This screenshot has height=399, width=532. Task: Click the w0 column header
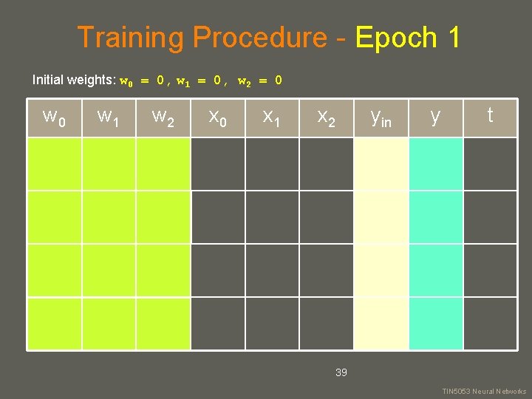54,117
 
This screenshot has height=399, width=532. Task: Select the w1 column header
109,117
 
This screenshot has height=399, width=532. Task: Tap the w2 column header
163,117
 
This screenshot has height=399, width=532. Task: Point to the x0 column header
217,117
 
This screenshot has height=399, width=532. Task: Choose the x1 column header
272,117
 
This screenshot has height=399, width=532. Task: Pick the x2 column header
326,117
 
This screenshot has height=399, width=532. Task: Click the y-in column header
381,117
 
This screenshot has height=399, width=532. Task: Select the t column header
489,117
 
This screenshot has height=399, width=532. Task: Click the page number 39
341,372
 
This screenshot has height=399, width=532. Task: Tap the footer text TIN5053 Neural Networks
484,391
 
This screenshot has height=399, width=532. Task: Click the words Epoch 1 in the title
408,37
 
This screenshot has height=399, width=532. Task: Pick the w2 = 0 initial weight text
259,80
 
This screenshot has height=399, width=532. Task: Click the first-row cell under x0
217,164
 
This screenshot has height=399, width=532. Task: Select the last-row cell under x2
326,323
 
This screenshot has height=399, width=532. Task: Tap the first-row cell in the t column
489,164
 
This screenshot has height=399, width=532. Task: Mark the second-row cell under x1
272,217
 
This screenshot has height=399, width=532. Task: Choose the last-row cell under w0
54,323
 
